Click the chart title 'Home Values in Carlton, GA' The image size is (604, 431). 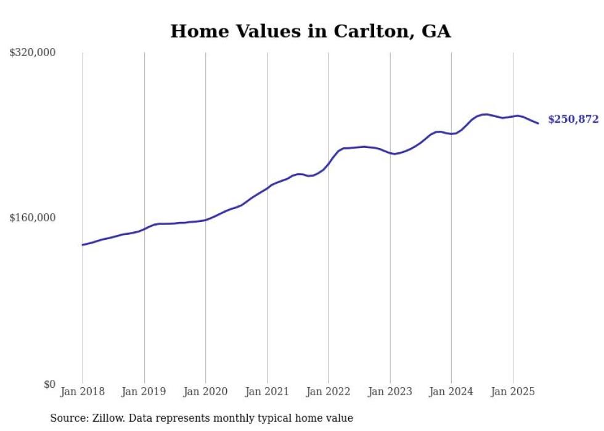310,31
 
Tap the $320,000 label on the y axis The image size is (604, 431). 33,53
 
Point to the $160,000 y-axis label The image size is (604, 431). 33,218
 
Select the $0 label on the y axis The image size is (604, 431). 49,384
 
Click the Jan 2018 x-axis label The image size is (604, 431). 83,392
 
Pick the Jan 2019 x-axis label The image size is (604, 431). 144,392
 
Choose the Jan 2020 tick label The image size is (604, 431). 205,392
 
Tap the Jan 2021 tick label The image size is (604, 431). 267,392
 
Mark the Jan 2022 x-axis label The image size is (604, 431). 329,392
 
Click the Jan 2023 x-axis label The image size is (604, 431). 390,392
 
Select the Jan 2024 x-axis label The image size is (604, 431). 451,392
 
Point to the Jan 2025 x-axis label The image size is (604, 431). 513,392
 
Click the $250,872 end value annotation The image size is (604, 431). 573,120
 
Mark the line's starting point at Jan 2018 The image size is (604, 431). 83,245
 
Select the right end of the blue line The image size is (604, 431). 538,123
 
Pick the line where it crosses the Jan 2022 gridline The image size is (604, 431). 329,163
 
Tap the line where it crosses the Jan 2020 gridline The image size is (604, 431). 205,220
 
